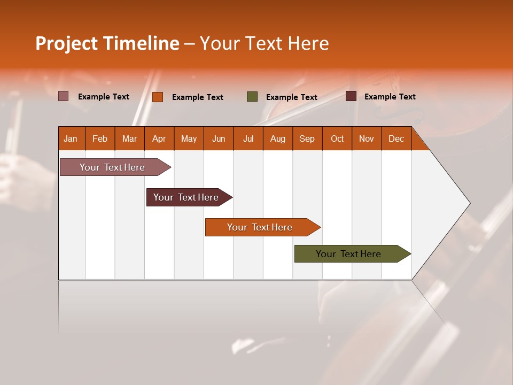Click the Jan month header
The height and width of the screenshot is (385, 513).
71,138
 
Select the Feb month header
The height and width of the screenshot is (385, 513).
100,138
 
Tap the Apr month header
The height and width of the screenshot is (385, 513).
159,138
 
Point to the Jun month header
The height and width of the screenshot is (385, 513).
219,138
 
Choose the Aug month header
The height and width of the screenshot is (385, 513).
277,138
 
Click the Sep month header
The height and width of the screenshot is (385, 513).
307,138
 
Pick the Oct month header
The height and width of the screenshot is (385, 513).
337,138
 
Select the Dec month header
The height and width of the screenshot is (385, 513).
396,138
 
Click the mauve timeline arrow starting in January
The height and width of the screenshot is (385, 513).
112,167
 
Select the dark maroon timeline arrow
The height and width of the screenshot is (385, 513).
186,197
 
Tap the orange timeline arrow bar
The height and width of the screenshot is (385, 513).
260,227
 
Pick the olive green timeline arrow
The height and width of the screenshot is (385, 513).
348,254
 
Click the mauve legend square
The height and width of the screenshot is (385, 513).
64,96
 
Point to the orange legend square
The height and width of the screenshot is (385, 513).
158,97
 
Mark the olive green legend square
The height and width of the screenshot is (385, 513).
252,97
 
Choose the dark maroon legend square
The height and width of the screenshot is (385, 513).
351,96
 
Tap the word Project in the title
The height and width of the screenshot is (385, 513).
67,43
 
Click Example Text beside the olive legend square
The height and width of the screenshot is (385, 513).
292,97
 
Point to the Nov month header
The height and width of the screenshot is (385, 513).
367,138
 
